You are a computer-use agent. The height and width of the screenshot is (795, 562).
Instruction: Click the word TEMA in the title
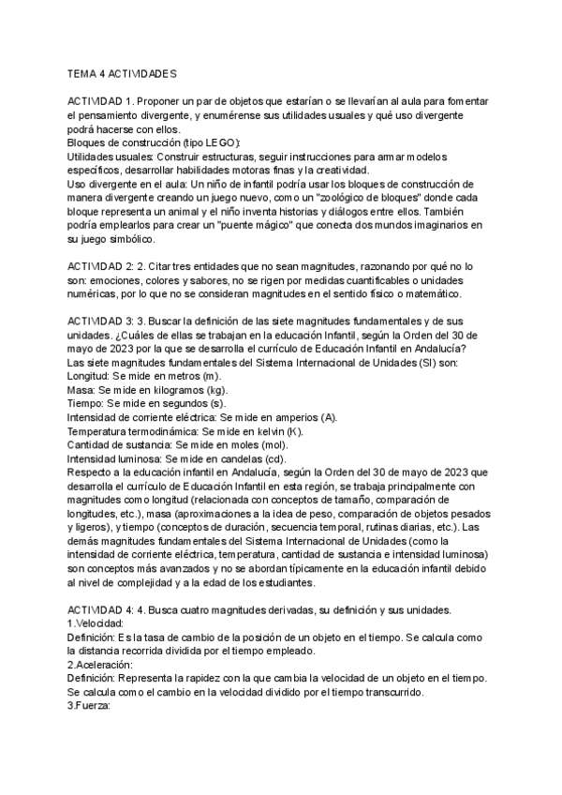click(83, 72)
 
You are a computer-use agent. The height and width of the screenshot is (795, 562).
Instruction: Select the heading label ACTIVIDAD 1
click(101, 101)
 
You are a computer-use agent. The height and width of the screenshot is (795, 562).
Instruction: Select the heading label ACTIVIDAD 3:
click(102, 322)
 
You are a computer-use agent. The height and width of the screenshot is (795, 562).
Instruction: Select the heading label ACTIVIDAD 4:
click(102, 610)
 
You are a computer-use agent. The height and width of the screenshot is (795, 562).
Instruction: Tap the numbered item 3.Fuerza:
click(91, 707)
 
